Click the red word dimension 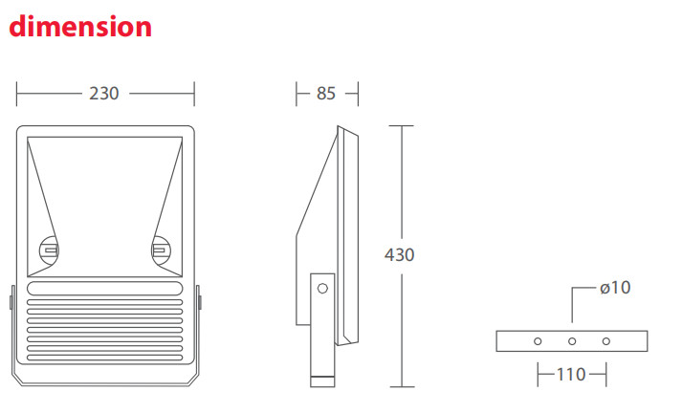[x=80, y=26]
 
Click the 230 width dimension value [x=104, y=94]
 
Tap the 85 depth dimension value [x=326, y=94]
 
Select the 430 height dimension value [x=399, y=254]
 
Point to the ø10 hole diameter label [x=615, y=287]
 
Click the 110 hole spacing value [x=571, y=375]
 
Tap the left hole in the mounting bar [x=538, y=340]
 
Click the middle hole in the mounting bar [x=572, y=340]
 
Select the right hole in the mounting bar [x=606, y=340]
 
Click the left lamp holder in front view [x=49, y=250]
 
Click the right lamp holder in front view [x=160, y=250]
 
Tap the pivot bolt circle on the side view [x=322, y=287]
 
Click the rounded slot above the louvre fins [x=104, y=288]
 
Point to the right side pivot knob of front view [x=199, y=301]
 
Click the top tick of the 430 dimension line [x=401, y=125]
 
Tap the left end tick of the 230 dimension [x=17, y=94]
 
